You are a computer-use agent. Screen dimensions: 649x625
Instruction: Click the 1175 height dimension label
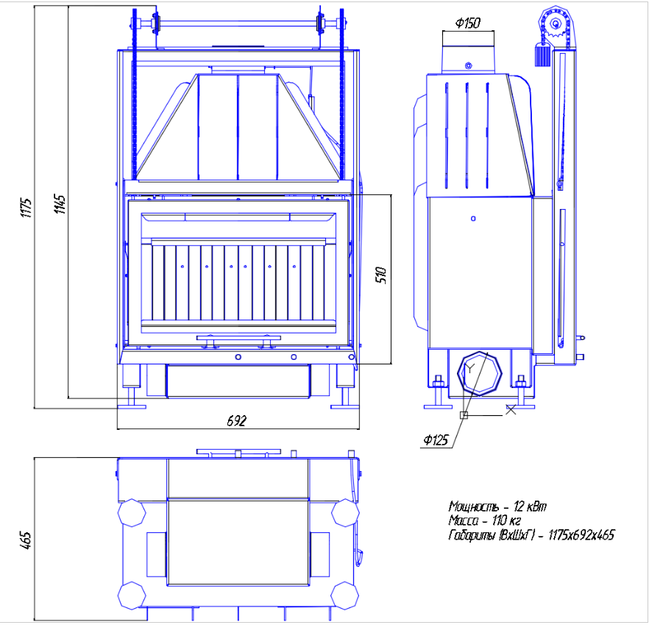pos(26,208)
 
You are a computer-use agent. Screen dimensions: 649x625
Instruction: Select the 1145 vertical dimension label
pos(60,204)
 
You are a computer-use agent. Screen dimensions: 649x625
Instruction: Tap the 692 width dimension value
pos(236,421)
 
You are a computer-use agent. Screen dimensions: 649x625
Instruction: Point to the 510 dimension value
pos(381,275)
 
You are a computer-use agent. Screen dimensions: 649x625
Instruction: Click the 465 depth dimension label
pos(25,540)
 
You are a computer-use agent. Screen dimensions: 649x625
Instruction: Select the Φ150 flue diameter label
pos(468,23)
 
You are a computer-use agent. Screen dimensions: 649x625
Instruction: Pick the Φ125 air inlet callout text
pos(436,440)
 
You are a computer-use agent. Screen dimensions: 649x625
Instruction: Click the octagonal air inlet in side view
pos(479,373)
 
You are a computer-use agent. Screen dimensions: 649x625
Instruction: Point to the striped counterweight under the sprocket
pos(542,55)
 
